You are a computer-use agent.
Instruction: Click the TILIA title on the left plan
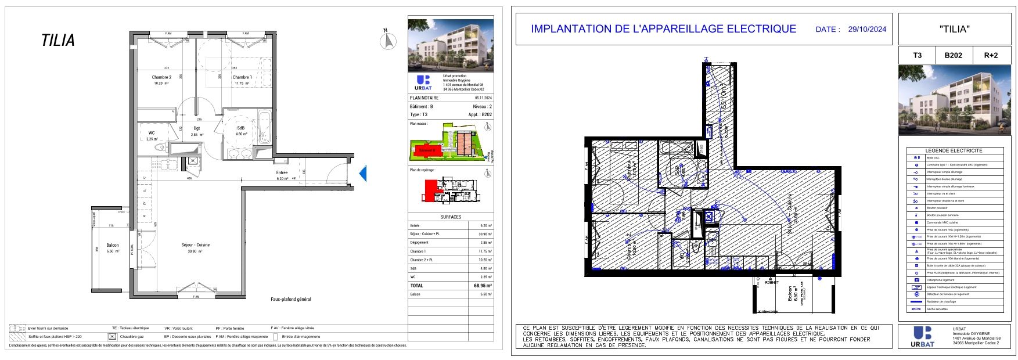[58, 41]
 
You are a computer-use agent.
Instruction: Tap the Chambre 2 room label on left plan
[161, 77]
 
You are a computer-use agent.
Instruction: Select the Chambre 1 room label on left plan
[242, 77]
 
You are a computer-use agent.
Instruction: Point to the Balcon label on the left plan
[113, 245]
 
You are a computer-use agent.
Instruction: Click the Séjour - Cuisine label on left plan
[196, 245]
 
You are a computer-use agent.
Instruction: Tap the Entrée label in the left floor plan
[282, 172]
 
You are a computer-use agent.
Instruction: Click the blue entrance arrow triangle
[362, 173]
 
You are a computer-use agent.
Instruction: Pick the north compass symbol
[387, 41]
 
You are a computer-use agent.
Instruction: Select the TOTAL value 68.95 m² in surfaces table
[483, 286]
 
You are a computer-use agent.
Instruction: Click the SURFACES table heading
[451, 217]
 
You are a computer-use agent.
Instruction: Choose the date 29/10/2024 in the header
[867, 29]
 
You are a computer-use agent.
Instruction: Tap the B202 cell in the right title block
[953, 55]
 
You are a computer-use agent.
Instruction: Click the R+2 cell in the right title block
[991, 55]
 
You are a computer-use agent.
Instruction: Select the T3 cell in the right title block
[917, 55]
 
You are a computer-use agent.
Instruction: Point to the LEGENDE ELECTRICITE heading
[954, 150]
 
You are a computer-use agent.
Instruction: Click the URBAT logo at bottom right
[923, 336]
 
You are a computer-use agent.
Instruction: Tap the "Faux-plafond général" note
[291, 300]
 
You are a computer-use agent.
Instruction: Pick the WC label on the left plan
[152, 133]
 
